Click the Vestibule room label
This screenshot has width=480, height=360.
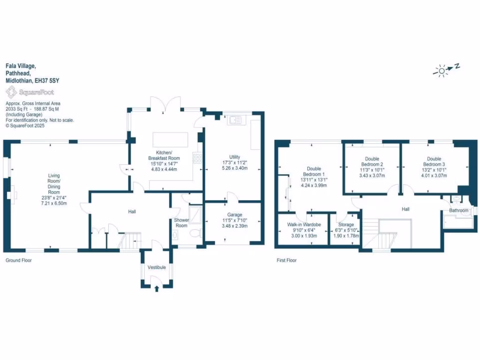coord(157,267)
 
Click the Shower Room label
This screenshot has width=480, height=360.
coord(181,223)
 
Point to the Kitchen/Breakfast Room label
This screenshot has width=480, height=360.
coord(168,156)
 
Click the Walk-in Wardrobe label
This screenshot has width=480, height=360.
coord(304,225)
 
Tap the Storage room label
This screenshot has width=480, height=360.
coord(346,225)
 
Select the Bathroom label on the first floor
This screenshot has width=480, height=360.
coord(458,210)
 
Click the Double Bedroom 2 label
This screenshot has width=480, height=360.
coord(371,162)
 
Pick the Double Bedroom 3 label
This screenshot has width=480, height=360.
coord(434,162)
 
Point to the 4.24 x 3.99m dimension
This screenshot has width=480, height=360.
coord(314,185)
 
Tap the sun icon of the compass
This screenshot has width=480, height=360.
coord(442,71)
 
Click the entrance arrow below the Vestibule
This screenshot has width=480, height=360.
coord(157,289)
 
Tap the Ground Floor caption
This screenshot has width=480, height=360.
coord(18,260)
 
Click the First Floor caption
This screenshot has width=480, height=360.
coord(286,260)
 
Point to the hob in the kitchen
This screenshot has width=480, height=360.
coord(199,158)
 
